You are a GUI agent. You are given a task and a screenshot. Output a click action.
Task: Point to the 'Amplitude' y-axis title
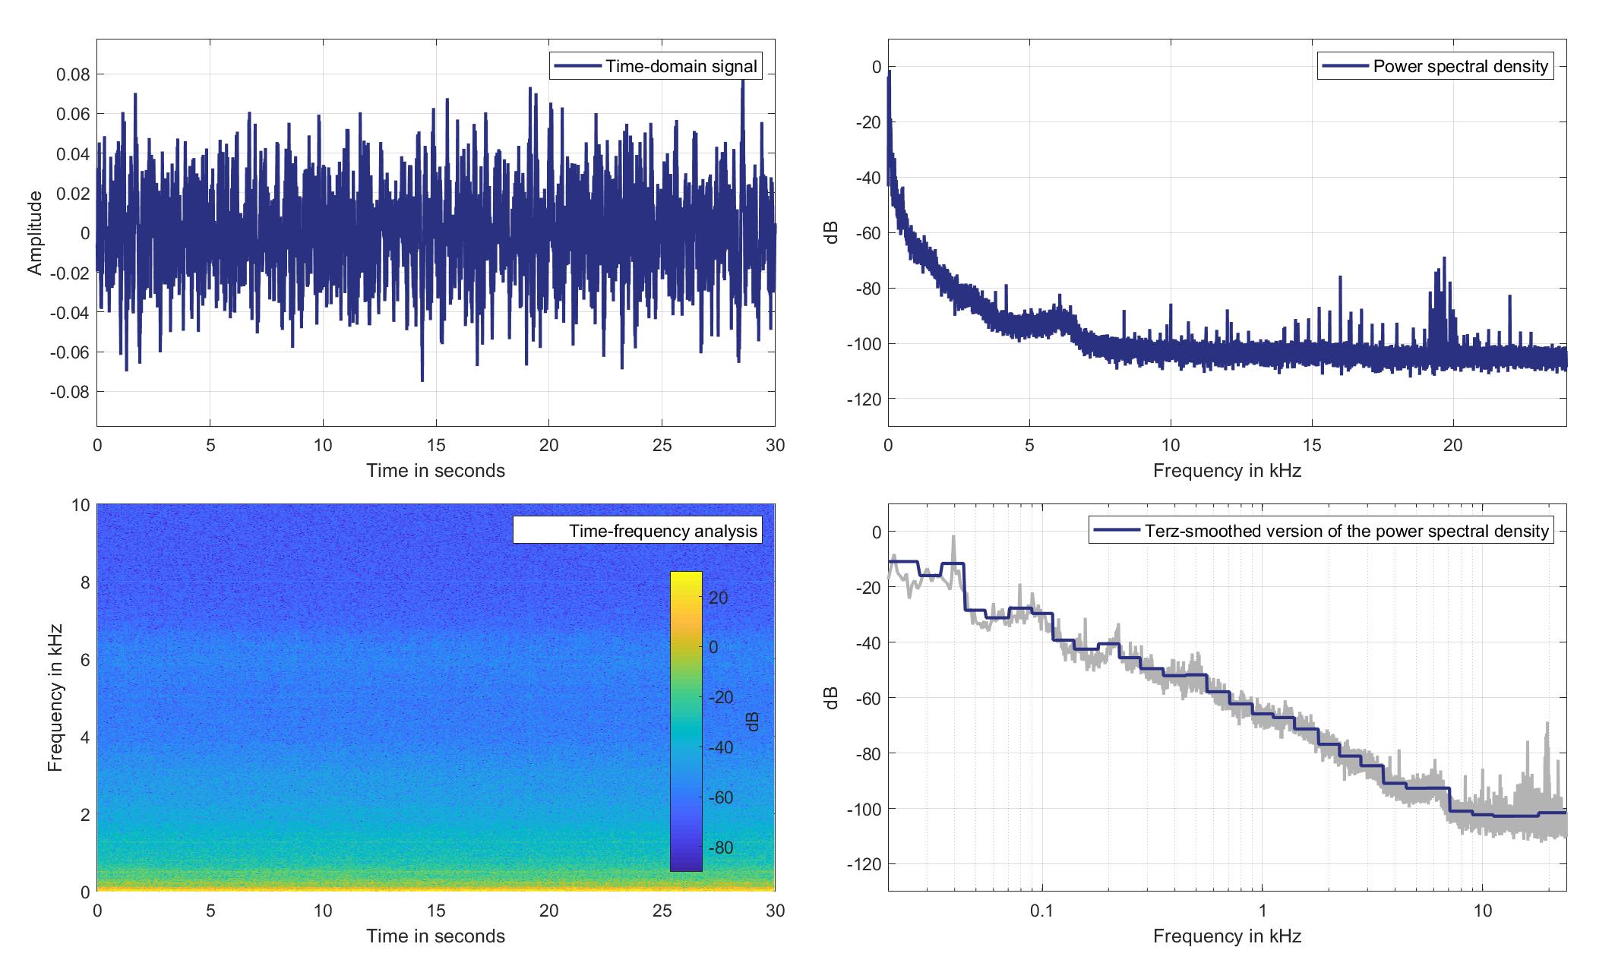35,233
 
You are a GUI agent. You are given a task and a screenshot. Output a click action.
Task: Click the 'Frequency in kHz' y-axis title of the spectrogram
55,698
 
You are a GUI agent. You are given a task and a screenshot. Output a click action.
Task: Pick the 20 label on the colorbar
719,598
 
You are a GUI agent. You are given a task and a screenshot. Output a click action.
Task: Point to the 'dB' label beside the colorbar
752,721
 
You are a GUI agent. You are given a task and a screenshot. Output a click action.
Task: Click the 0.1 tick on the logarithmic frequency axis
1041,911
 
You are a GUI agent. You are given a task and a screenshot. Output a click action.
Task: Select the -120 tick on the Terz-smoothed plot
865,864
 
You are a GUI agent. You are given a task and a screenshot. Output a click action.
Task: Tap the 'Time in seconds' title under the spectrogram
435,936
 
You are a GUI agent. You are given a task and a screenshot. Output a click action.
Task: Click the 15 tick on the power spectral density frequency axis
1312,445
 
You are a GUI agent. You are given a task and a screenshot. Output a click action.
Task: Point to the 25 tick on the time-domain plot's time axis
662,445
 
